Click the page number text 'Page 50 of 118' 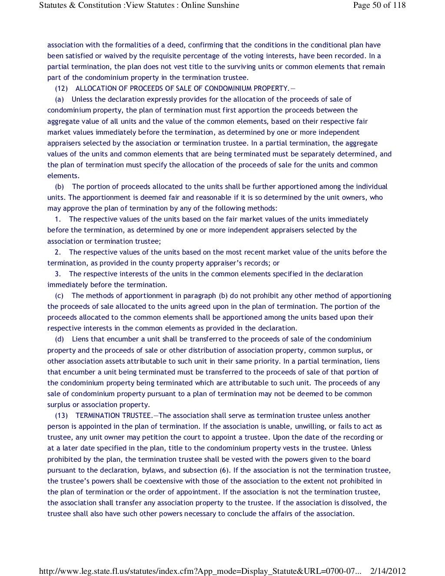point(379,5)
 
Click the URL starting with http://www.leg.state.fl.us point(200,571)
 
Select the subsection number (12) point(62,89)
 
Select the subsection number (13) point(62,416)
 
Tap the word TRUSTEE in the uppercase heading point(137,416)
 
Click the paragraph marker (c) point(60,296)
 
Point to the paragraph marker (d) point(60,339)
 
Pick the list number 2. point(58,252)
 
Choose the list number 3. point(58,274)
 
